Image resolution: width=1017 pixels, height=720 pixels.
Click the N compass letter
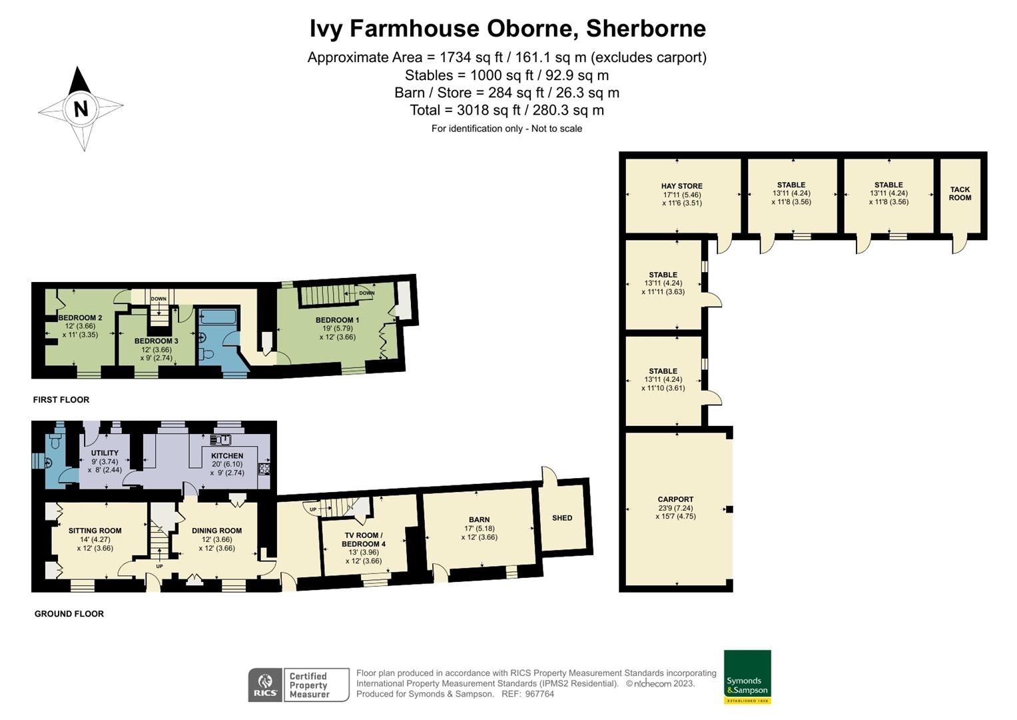pos(81,109)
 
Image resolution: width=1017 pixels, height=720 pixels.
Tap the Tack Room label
pos(960,194)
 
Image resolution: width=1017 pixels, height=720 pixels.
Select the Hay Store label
pos(681,187)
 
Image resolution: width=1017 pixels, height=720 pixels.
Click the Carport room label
pos(675,499)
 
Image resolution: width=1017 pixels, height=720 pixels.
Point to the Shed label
pos(562,518)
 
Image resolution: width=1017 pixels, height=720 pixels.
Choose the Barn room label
pos(479,520)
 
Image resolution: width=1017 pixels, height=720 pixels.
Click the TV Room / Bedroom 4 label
pos(364,539)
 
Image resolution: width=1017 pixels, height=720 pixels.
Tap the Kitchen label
pos(227,456)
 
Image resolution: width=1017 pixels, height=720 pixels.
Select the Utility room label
pos(105,453)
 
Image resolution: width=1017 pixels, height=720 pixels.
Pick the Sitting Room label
pos(95,531)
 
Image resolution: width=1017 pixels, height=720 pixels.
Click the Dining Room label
pos(216,531)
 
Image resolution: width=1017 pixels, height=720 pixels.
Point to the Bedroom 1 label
pos(337,321)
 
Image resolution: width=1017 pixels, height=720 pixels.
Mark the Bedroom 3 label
pos(156,341)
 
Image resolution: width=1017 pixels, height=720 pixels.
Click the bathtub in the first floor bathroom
pos(217,316)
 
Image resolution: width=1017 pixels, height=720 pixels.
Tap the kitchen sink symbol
pos(220,439)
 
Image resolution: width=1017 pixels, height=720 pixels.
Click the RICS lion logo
pos(265,685)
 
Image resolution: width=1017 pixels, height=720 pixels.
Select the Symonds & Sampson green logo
pos(747,677)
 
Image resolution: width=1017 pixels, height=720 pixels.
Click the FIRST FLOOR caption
pos(61,400)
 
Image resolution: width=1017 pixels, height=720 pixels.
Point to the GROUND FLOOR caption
pos(69,614)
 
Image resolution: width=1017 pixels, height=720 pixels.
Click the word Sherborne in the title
pos(646,29)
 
